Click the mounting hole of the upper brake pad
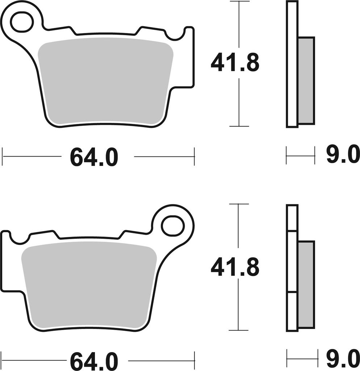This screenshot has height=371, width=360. [x=23, y=23]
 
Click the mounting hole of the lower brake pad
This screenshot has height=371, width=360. [x=172, y=225]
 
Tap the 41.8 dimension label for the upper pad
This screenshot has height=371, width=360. [x=235, y=63]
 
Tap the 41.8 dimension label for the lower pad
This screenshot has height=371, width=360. [x=235, y=268]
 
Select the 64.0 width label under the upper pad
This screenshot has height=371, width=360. [x=94, y=157]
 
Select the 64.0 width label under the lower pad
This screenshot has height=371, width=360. [x=94, y=361]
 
